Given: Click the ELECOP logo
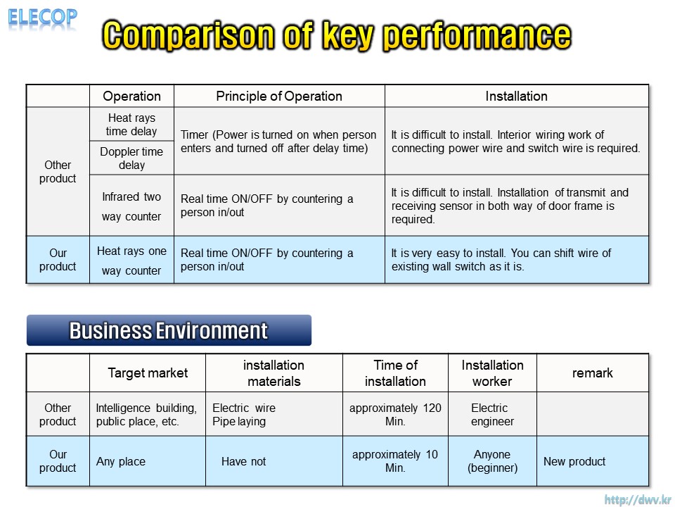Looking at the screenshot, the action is [x=42, y=18].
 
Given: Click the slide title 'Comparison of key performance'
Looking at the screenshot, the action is [x=337, y=35].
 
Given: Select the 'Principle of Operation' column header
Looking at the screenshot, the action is [x=279, y=96].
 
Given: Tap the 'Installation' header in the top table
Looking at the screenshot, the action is [x=516, y=96].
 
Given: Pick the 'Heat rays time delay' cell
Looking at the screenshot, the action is [x=131, y=124].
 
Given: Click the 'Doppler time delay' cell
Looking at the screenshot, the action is [x=131, y=158].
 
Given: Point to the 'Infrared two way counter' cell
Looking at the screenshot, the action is [x=131, y=206].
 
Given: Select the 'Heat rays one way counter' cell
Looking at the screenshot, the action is [x=131, y=261].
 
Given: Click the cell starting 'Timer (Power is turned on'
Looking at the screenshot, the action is [x=278, y=142].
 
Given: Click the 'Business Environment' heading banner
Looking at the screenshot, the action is [x=169, y=330].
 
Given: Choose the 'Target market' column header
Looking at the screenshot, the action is [x=148, y=373].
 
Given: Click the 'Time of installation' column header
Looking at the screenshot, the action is [x=395, y=373].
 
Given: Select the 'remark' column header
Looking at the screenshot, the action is [x=592, y=373].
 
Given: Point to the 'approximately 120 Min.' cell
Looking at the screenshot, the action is [x=395, y=414].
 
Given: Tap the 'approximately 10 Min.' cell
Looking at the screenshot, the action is [x=395, y=461].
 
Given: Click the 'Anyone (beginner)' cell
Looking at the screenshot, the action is [x=492, y=461].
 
